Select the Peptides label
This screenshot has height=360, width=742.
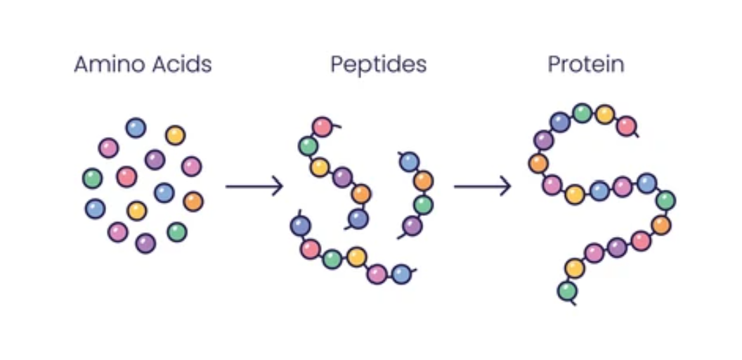378,65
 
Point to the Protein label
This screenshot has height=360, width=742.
586,65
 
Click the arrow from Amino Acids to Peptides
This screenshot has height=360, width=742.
254,187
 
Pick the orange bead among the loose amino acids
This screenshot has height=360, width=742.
193,202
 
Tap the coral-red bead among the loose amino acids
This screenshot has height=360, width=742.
126,176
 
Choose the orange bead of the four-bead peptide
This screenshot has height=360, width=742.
423,181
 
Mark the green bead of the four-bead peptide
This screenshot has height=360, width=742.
423,205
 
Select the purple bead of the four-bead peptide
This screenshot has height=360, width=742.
412,226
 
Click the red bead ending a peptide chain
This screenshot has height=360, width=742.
322,127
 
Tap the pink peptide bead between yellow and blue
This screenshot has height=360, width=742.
377,274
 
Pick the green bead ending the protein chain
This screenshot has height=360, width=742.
567,290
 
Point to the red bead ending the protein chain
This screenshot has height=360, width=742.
626,127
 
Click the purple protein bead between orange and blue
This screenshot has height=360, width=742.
544,140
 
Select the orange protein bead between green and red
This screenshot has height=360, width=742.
660,225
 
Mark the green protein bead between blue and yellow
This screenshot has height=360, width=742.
582,112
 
